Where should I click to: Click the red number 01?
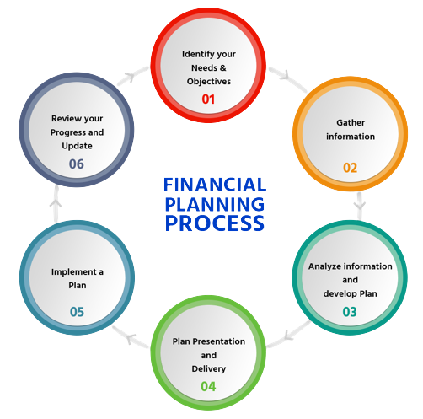click(208, 99)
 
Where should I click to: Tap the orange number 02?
click(350, 168)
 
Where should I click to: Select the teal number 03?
click(350, 312)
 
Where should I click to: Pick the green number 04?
click(208, 387)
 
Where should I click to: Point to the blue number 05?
click(77, 312)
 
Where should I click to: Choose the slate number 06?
click(77, 164)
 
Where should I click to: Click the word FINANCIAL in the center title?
click(215, 185)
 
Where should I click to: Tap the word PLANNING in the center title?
click(215, 204)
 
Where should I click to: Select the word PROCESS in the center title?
click(215, 223)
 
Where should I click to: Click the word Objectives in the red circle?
click(209, 82)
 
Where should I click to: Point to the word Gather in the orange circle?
click(351, 122)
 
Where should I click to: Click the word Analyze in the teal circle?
click(324, 266)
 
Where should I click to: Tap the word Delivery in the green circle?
click(209, 369)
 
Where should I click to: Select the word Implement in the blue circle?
click(74, 272)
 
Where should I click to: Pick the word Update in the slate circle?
click(77, 146)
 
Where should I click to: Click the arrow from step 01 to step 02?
click(287, 79)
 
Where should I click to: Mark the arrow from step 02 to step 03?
click(360, 206)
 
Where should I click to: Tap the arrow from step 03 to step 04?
click(288, 335)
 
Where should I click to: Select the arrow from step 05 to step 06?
click(56, 203)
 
